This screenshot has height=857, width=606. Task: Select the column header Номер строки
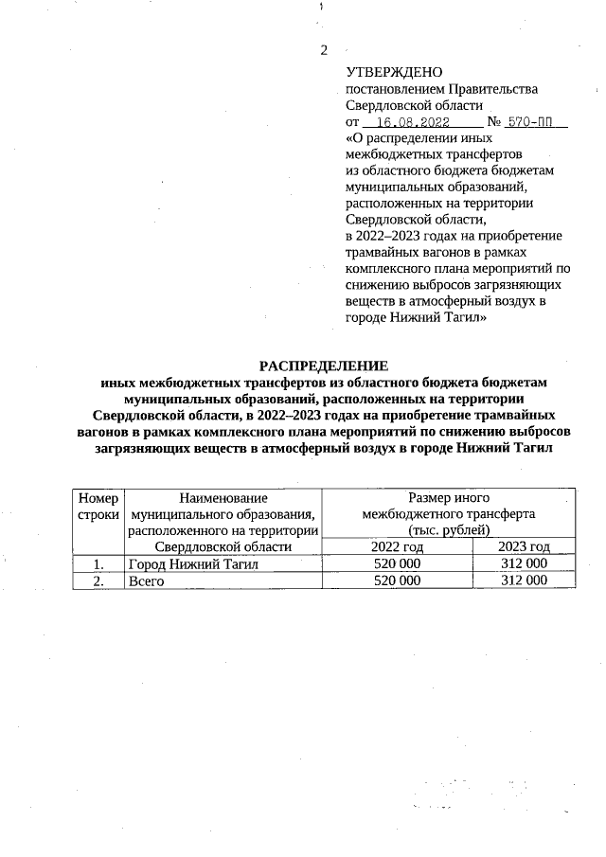(x=98, y=505)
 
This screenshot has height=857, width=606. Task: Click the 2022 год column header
(x=397, y=546)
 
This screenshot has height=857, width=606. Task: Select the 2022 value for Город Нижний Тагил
(x=397, y=563)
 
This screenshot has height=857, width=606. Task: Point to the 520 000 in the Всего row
(x=397, y=580)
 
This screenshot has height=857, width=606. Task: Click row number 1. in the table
(x=98, y=563)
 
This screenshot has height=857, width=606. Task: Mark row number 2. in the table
(x=98, y=580)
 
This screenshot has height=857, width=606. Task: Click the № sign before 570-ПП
(x=493, y=123)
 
